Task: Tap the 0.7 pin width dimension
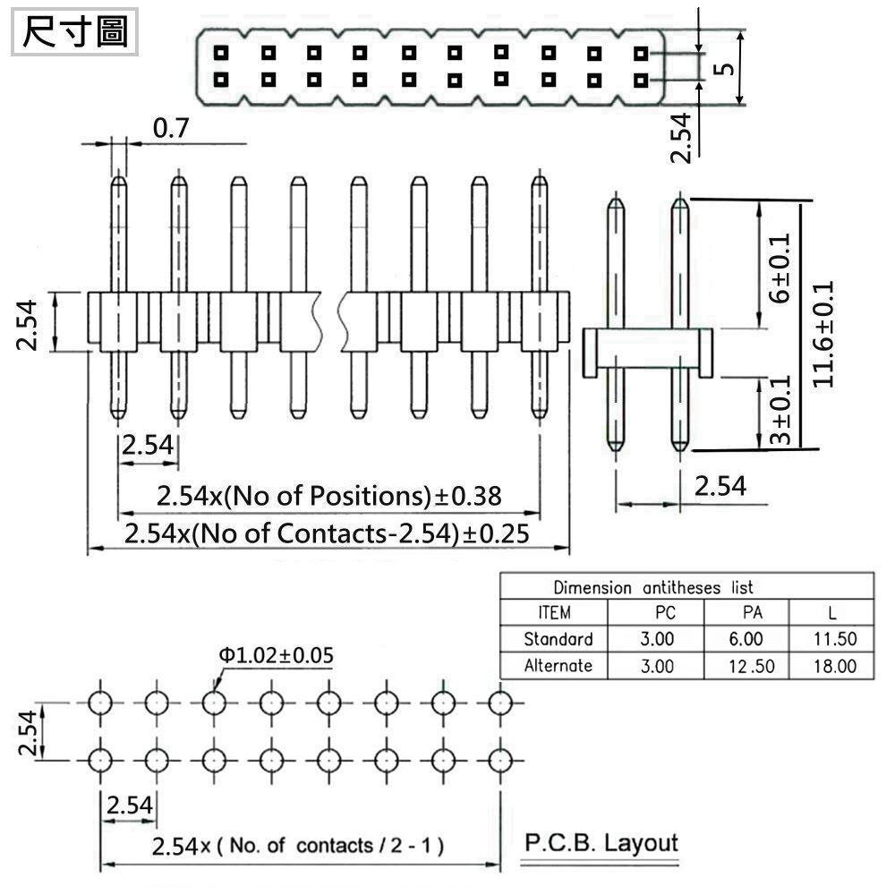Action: tap(171, 130)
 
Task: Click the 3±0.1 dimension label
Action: tap(780, 411)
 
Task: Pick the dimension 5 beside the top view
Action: tap(726, 69)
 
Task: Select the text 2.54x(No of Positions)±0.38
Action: tap(328, 495)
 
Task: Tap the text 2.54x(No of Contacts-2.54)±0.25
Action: tap(327, 533)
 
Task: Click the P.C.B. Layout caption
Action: tap(601, 842)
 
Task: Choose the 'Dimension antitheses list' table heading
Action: tap(652, 588)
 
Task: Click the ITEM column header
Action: tap(555, 613)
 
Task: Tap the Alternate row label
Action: tap(558, 666)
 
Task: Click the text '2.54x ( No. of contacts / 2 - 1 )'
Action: tap(298, 845)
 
